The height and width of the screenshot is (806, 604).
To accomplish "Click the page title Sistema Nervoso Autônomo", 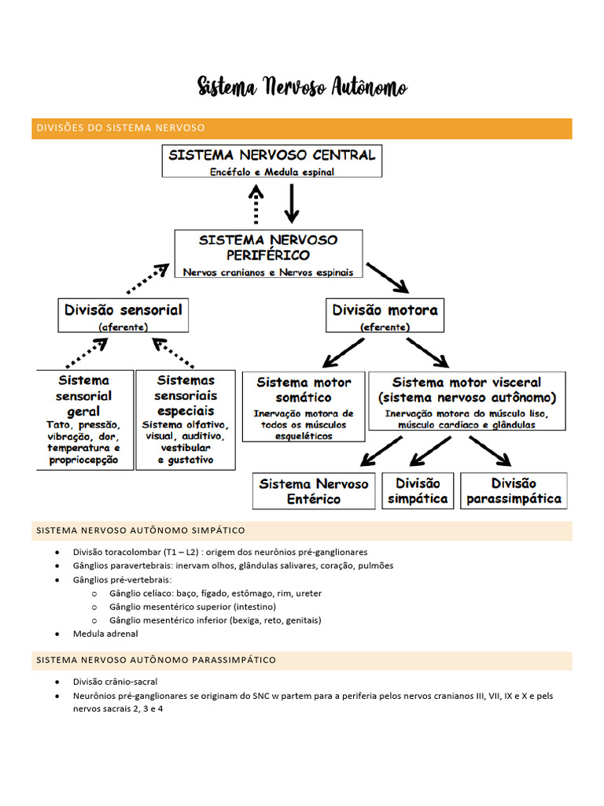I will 302,87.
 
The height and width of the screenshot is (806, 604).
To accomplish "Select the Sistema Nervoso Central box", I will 272,161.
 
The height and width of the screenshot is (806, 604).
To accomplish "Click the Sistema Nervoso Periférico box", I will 268,254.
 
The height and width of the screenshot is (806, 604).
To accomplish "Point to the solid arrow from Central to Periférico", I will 292,205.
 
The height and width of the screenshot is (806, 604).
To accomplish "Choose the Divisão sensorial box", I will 123,316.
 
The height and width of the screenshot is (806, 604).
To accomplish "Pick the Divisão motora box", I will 385,316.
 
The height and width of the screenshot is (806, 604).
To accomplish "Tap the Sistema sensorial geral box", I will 83,420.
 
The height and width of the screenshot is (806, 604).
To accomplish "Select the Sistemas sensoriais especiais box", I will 186,420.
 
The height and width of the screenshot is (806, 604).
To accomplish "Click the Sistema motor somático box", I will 304,407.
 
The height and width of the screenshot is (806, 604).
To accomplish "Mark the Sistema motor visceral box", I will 466,401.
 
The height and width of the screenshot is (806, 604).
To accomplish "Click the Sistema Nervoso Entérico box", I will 314,491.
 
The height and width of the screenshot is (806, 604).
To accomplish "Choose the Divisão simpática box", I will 418,491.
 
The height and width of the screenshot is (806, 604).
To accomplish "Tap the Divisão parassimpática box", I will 514,491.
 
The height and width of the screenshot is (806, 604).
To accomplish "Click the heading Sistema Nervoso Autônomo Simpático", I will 141,531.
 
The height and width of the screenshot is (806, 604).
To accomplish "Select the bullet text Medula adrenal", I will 105,634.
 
